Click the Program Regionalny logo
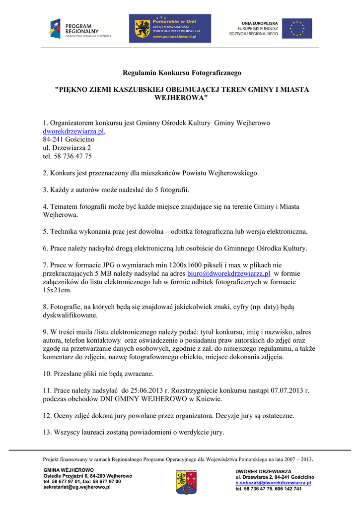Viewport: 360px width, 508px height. tap(79, 29)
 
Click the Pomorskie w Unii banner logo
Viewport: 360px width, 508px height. tap(170, 28)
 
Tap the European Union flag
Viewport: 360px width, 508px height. tap(297, 28)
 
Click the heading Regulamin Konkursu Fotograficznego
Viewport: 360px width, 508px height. tap(182, 73)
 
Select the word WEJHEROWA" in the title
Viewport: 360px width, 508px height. tap(181, 97)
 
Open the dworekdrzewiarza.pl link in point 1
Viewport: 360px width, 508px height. tap(73, 131)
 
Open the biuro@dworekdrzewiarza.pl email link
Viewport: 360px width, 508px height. tap(228, 273)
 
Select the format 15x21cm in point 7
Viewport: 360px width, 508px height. tap(57, 290)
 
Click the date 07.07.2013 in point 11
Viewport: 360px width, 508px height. tap(288, 390)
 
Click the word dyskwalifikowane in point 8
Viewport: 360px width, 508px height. tap(70, 315)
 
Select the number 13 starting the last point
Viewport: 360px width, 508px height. tap(46, 432)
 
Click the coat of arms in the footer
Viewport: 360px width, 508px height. tap(186, 482)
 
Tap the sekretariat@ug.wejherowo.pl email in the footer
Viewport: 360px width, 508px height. tap(77, 487)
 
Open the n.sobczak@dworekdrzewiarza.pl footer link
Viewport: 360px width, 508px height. tap(273, 483)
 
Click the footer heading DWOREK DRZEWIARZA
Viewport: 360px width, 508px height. tap(264, 471)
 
